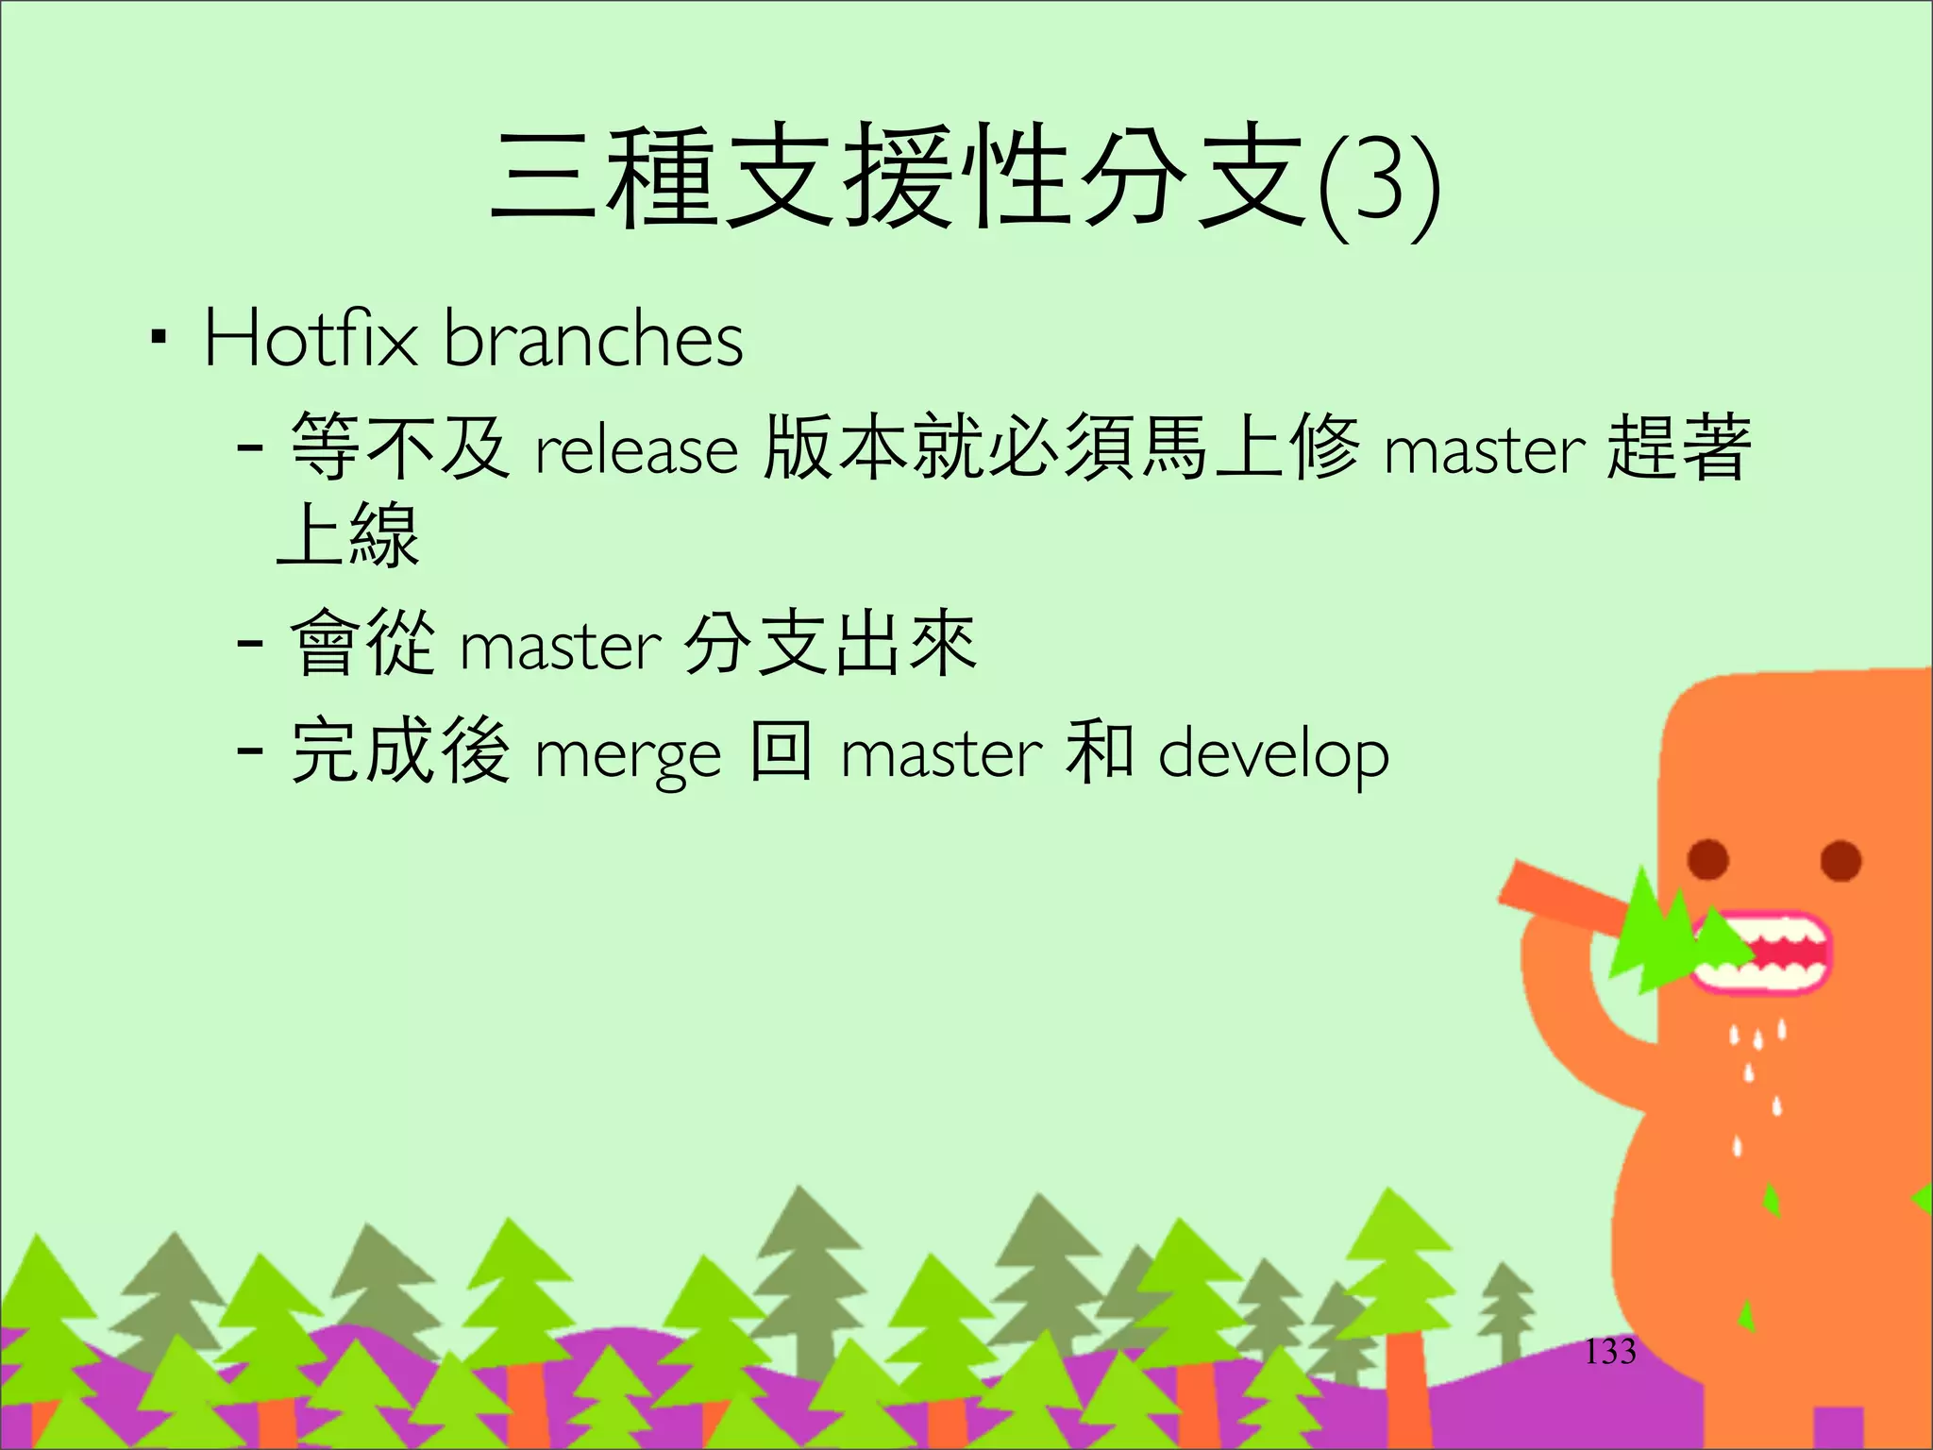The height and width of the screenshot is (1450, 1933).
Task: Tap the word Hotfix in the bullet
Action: (310, 338)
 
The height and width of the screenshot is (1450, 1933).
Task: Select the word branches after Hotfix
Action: (594, 338)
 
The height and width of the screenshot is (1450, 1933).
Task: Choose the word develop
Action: (1273, 755)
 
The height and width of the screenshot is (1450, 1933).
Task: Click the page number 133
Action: (1609, 1352)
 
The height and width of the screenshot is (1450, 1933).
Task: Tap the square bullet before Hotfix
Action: (159, 336)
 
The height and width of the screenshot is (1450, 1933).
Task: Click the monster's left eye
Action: (1708, 859)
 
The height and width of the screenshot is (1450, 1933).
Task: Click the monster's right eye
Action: (1841, 860)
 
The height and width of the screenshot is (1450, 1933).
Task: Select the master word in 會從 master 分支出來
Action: (561, 648)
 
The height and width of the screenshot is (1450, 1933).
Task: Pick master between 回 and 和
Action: (941, 755)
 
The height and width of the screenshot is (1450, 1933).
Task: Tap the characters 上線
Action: (347, 535)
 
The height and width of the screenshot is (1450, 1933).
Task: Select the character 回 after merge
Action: (781, 751)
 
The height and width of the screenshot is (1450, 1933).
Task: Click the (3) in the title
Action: (1379, 184)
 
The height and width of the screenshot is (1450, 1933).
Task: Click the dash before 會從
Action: (249, 644)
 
